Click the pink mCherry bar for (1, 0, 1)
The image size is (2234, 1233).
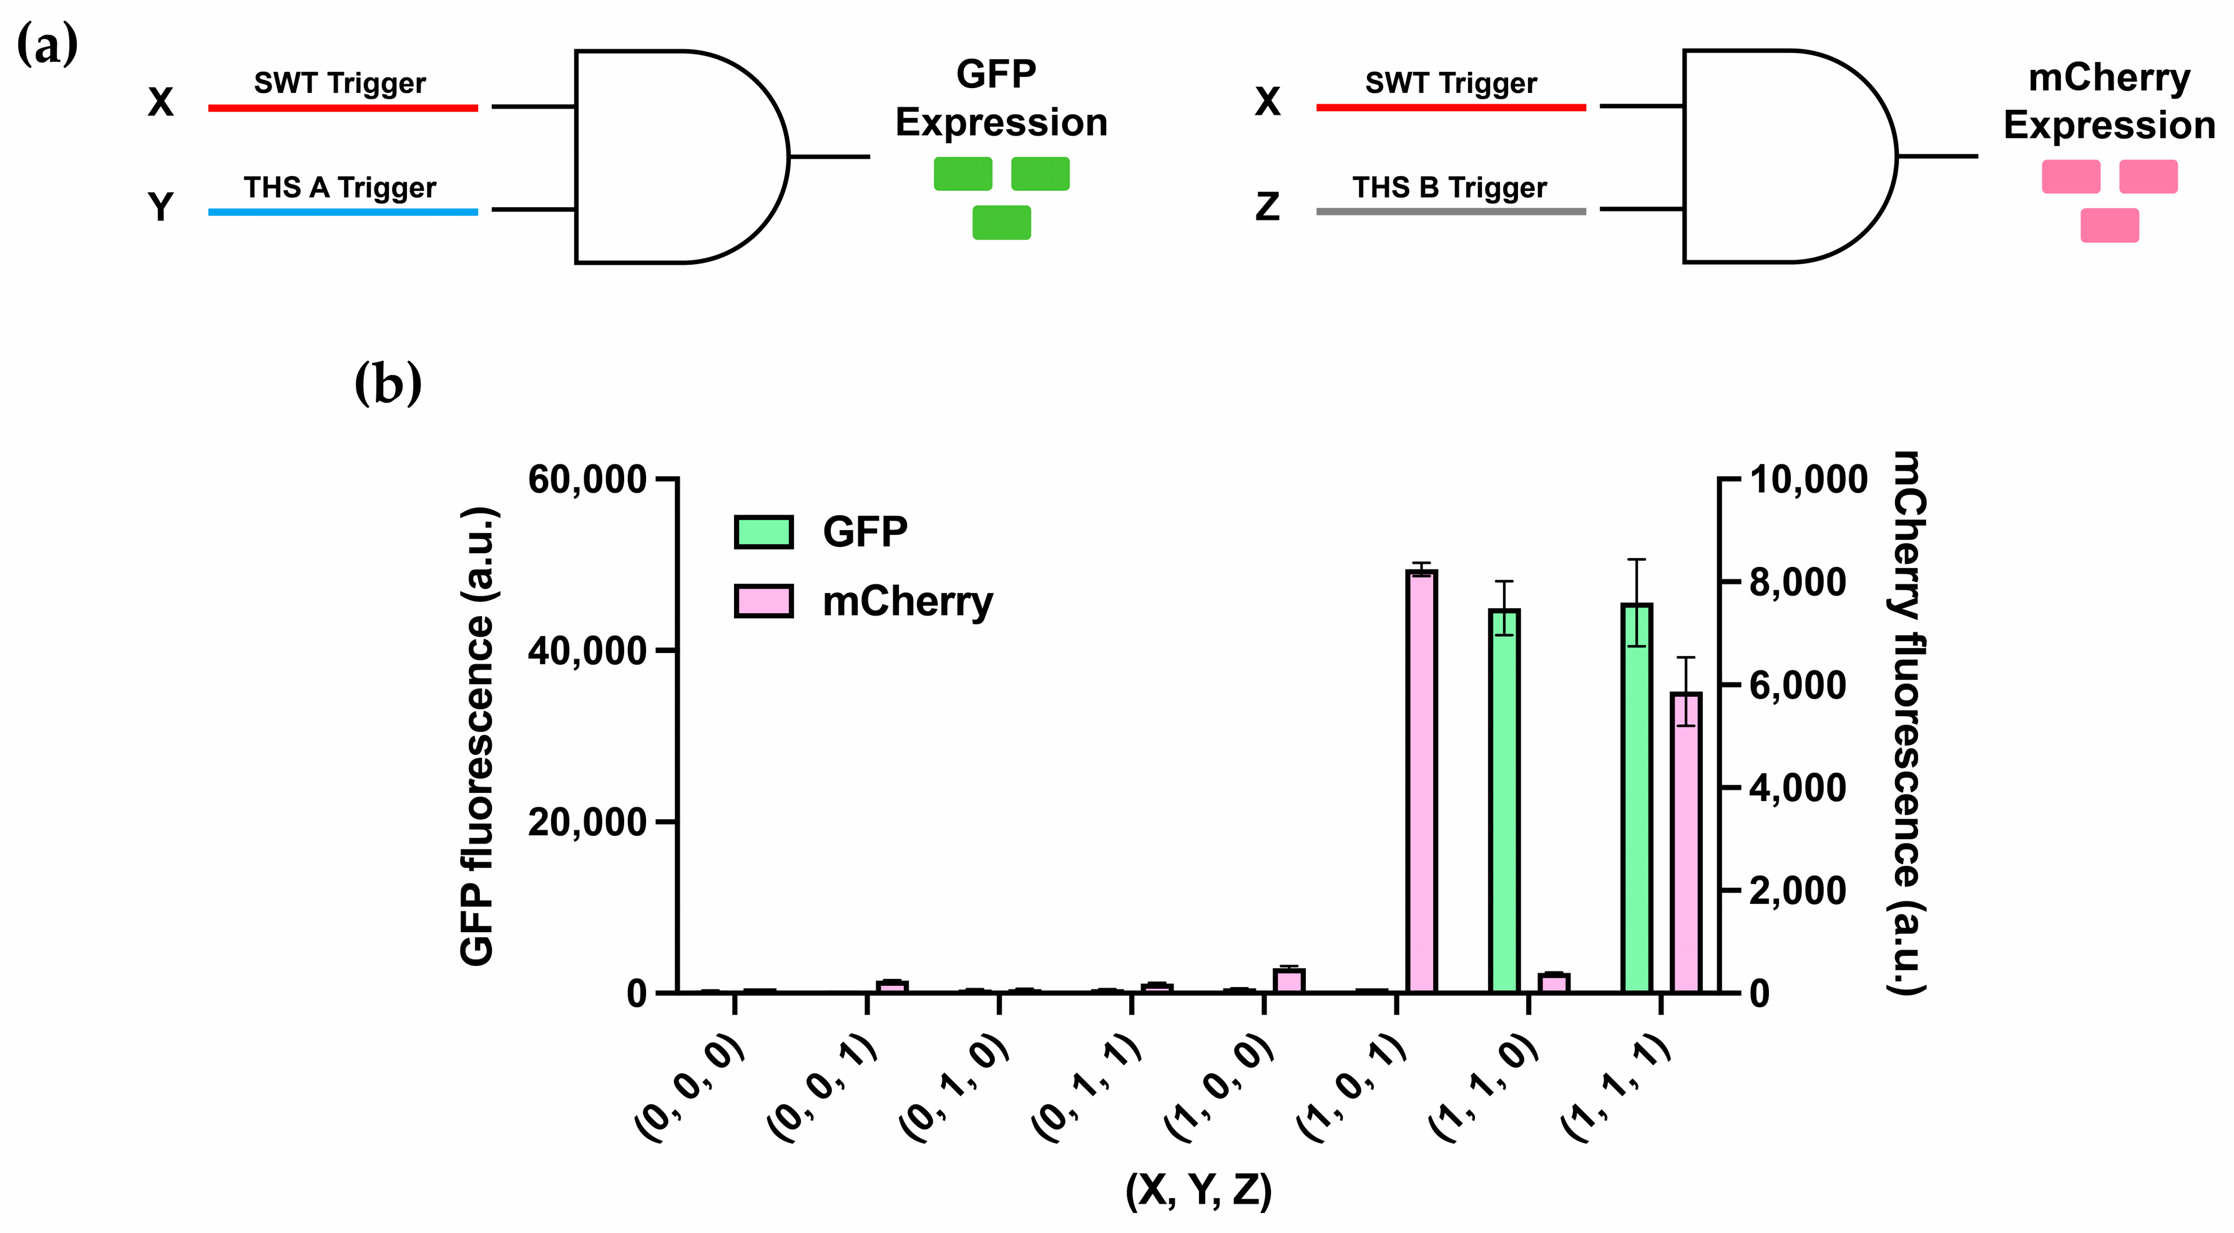coord(1421,780)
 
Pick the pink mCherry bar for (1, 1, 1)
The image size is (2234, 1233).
coord(1686,841)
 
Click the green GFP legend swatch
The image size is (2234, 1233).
coord(763,531)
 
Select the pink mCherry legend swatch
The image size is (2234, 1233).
coord(763,601)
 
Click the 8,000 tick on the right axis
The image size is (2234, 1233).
coord(1729,582)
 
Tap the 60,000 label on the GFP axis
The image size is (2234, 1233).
coord(587,479)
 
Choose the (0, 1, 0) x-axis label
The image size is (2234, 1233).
coord(954,1088)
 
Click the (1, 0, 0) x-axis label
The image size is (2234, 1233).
coord(1218,1088)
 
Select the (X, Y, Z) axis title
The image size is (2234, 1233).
coord(1198,1191)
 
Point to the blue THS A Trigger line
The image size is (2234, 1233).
coord(343,212)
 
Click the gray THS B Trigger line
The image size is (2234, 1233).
coord(1450,211)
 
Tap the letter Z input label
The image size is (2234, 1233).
coord(1267,207)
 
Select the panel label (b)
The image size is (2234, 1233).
coord(388,383)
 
